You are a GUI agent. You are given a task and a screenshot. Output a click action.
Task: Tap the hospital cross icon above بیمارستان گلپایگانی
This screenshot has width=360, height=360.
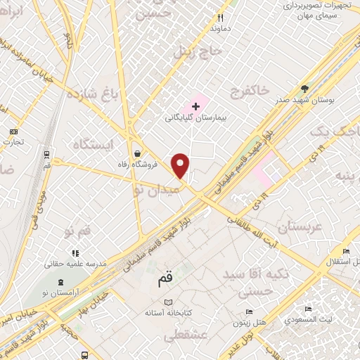coord(195,105)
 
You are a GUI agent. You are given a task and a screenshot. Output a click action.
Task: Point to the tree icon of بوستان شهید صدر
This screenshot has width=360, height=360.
coord(304,89)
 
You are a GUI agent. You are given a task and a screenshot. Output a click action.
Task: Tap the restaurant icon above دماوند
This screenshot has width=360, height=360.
coord(220,18)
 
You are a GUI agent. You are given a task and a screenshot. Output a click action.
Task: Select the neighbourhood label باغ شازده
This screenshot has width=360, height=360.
coord(91,93)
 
